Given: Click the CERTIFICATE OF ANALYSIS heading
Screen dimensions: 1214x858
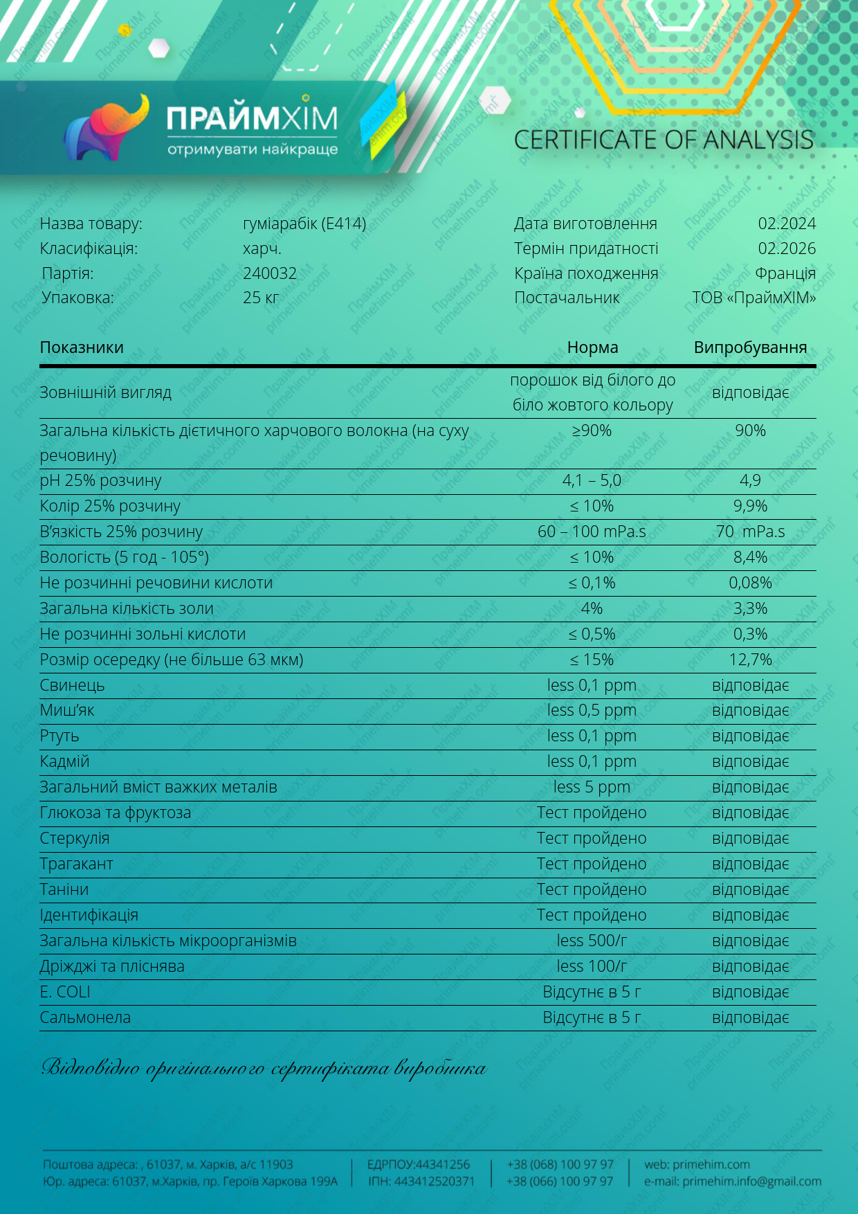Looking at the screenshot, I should pos(664,141).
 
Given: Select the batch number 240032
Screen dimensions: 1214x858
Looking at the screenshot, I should pos(270,273).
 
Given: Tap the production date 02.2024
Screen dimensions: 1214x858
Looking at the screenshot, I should pos(787,224).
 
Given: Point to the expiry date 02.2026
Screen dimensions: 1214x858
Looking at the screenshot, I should pos(787,248).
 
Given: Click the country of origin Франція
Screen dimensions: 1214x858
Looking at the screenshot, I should pos(785,273).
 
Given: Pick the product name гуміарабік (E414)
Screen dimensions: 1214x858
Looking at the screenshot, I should pos(304,224).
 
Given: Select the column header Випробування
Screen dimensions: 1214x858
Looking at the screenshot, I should pos(750,347).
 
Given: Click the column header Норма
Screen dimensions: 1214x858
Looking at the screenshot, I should pos(592,347).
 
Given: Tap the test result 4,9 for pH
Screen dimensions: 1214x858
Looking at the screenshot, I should pos(750,480).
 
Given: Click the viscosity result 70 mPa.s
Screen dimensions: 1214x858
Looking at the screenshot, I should pos(750,532).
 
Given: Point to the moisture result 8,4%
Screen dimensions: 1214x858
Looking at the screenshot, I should pos(750,557).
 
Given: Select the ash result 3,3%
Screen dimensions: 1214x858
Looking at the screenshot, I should pos(750,608).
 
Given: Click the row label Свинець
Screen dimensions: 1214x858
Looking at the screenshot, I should pos(72,685).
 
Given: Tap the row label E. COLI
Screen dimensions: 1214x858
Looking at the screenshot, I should pos(65,992).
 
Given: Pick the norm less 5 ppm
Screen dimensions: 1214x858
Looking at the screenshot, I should pos(592,787).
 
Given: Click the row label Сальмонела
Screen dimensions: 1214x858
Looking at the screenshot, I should pos(85,1017).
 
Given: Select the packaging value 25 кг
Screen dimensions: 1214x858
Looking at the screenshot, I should pos(261,298).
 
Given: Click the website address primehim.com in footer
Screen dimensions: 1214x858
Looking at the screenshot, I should pos(711,1165).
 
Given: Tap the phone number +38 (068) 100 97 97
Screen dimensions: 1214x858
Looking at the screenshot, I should pos(560,1165).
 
